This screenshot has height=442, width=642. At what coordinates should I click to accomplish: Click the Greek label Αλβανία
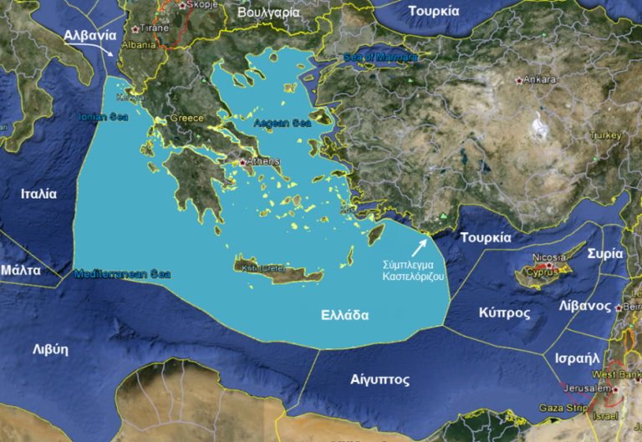[x=89, y=35]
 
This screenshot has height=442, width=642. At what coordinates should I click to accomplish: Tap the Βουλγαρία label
[x=269, y=13]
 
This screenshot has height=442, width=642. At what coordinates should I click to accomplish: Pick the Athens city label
[x=262, y=161]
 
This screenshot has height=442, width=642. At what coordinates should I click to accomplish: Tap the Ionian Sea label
[x=104, y=117]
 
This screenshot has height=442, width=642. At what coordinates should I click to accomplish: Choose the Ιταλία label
[x=38, y=193]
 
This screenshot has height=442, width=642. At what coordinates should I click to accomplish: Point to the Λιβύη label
[x=50, y=349]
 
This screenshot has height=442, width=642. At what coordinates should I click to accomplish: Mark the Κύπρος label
[x=504, y=312]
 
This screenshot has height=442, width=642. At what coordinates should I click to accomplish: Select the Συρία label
[x=605, y=252]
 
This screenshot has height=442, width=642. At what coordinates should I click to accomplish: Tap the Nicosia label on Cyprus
[x=549, y=257]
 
